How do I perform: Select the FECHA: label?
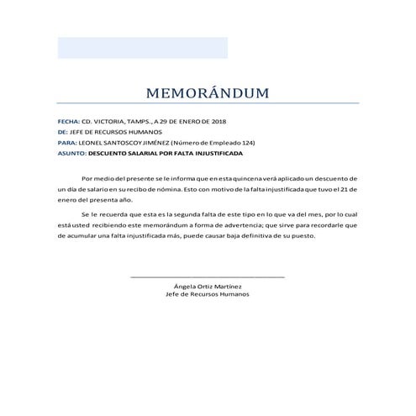pyautogui.click(x=68, y=121)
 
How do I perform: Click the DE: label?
pyautogui.click(x=62, y=132)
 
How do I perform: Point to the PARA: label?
pyautogui.click(x=67, y=143)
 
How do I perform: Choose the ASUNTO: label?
pyautogui.click(x=71, y=154)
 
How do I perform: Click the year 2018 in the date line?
pyautogui.click(x=219, y=121)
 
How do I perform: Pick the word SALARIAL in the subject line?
pyautogui.click(x=144, y=154)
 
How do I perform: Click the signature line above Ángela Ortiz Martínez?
pyautogui.click(x=208, y=276)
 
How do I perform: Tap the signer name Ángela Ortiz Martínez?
pyautogui.click(x=208, y=287)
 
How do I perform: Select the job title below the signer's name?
pyautogui.click(x=208, y=294)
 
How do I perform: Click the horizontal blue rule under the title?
pyautogui.click(x=208, y=103)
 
